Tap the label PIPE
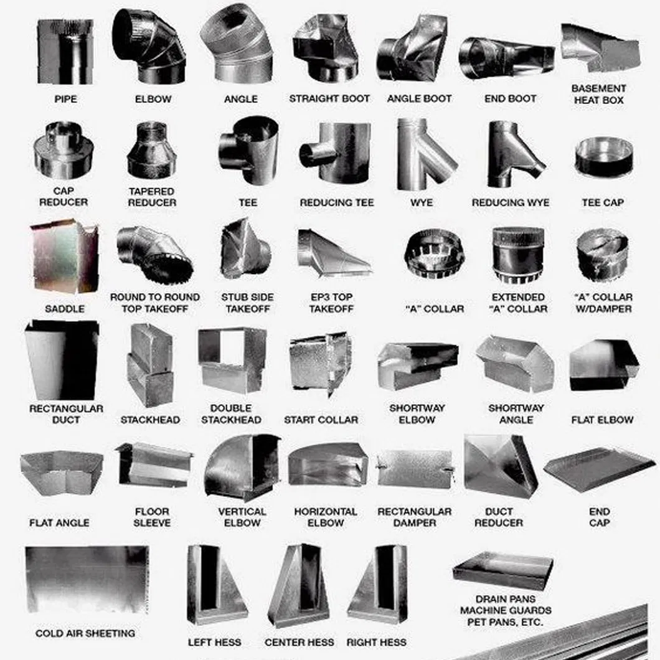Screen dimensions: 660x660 click(x=65, y=99)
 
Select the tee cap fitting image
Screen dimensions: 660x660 click(x=603, y=158)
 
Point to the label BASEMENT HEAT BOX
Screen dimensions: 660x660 click(x=598, y=94)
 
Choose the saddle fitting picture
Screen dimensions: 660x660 click(x=64, y=257)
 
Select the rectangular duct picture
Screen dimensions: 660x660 click(x=62, y=360)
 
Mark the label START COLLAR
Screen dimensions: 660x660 click(x=321, y=420)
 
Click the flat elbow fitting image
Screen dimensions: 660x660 click(x=603, y=365)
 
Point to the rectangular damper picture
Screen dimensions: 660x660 click(x=415, y=469)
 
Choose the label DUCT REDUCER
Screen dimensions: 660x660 click(x=499, y=517)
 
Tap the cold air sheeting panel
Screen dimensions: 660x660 click(x=87, y=580)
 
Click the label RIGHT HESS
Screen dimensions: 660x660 click(x=376, y=642)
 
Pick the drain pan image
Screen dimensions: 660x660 click(x=502, y=569)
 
